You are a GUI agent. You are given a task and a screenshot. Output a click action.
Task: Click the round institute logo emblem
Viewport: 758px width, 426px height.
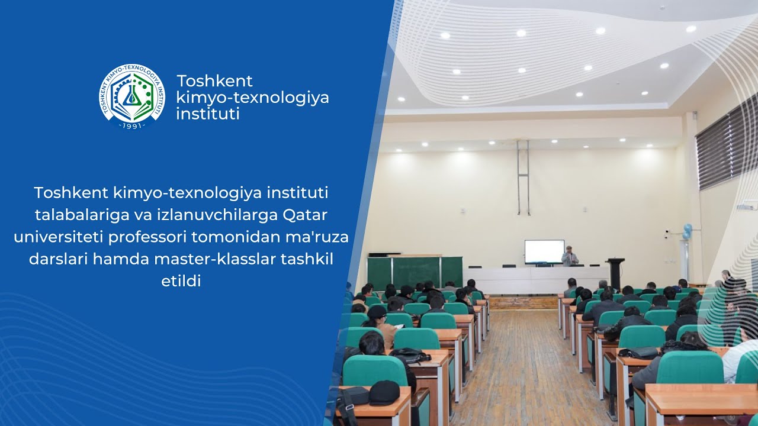tap(132, 95)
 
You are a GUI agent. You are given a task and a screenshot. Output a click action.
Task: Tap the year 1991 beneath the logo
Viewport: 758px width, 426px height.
tap(132, 125)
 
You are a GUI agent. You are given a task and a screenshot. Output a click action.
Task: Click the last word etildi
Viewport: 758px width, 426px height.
tap(181, 281)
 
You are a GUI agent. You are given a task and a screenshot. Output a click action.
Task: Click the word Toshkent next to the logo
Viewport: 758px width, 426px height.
tap(214, 80)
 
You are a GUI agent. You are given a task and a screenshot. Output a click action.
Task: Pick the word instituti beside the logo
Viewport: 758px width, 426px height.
tap(207, 114)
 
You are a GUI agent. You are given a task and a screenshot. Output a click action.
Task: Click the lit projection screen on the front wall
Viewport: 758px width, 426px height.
tap(544, 251)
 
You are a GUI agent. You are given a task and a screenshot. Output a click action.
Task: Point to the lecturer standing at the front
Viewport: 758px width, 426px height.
tap(570, 256)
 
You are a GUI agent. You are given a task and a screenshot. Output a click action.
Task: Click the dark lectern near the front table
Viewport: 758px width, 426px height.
tap(615, 272)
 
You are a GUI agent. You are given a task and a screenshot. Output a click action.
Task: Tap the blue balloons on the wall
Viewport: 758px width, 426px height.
tap(686, 231)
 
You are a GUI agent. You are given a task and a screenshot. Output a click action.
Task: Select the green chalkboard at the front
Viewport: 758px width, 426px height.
tap(415, 272)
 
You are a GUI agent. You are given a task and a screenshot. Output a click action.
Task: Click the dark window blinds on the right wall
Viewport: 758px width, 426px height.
tap(725, 145)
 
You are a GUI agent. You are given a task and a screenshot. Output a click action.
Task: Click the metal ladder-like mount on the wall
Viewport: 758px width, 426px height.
tap(523, 177)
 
